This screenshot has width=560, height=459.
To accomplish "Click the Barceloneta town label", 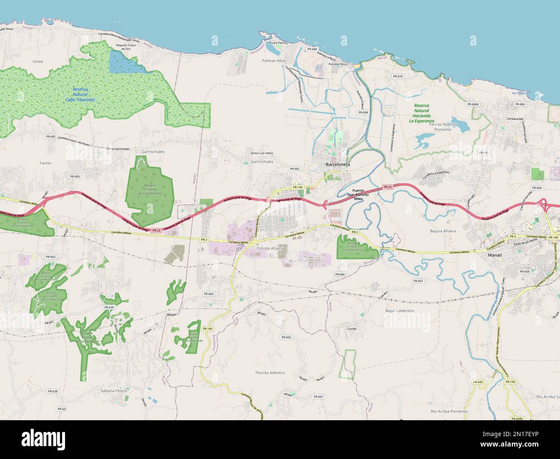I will [338, 165].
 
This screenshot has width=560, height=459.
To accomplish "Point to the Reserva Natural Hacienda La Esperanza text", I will [422, 113].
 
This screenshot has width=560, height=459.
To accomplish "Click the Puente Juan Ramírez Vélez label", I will [358, 194].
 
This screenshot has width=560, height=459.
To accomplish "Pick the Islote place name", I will [38, 62].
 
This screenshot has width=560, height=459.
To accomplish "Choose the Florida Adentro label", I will [270, 372].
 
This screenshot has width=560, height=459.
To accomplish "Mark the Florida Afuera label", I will [270, 249].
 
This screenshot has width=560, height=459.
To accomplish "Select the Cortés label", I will [352, 328].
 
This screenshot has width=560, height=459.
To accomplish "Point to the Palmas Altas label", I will [274, 61].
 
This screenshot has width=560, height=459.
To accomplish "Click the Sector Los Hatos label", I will [262, 153].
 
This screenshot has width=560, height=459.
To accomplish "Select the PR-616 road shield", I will [398, 76].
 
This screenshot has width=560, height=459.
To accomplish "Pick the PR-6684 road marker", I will [473, 104].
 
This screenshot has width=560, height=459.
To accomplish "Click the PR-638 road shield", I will [52, 391].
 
